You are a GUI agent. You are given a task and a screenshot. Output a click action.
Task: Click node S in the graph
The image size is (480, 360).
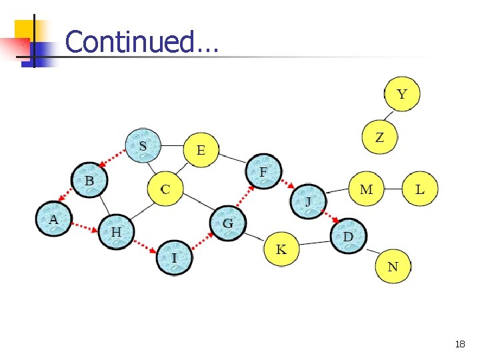tap(143, 145)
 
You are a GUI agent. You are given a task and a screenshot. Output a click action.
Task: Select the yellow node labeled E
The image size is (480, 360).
tap(201, 149)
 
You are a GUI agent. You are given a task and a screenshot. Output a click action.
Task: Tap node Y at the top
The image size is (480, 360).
tap(401, 93)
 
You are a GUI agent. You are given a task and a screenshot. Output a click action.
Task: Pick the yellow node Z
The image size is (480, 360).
tap(379, 137)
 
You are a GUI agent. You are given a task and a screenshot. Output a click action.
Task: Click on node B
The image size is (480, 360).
tap(89, 180)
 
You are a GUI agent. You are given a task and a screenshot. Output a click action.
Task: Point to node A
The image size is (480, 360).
tap(53, 219)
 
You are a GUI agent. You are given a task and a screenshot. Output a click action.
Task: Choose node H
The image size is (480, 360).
tap(116, 231)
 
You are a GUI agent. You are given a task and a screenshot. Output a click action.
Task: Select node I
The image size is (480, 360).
tap(174, 257)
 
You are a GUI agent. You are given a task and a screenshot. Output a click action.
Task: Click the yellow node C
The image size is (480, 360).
tap(165, 189)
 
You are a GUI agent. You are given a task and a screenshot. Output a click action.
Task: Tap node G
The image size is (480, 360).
tap(228, 223)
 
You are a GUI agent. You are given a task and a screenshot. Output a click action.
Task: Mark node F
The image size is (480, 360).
tap(264, 171)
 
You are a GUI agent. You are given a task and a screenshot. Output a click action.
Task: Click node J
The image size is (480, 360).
tap(308, 201)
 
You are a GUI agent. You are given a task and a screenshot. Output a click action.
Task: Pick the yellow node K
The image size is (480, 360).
tap(281, 249)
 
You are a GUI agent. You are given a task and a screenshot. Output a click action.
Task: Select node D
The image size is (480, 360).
tap(348, 236)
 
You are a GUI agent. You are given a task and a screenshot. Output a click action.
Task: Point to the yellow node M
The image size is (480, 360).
tap(366, 189)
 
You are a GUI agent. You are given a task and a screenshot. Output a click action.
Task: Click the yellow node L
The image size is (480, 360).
tap(419, 189)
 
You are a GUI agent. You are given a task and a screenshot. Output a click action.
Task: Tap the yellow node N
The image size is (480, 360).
tap(393, 266)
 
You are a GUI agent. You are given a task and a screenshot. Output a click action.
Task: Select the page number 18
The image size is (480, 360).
tap(459, 344)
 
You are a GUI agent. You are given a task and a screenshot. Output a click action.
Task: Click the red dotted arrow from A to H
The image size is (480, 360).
tap(85, 227)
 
